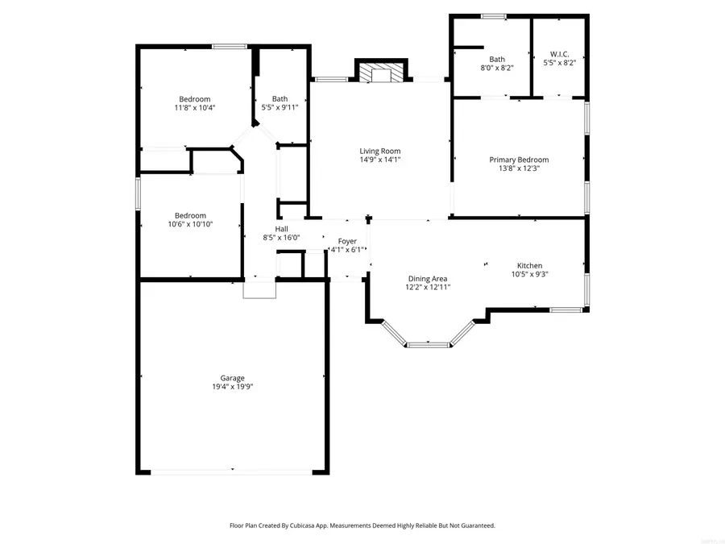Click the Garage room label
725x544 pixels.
click(233, 378)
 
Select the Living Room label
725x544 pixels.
click(379, 151)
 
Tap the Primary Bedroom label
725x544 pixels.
click(519, 160)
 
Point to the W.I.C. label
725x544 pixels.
click(560, 54)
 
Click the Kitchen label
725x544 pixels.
click(529, 265)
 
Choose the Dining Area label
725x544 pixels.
click(427, 278)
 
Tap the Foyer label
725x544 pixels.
click(347, 241)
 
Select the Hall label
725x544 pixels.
click(281, 229)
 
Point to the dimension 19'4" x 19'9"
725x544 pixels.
click(233, 387)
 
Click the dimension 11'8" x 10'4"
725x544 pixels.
click(195, 107)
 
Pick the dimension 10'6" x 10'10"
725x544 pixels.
click(191, 224)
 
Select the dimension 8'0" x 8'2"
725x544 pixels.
click(497, 68)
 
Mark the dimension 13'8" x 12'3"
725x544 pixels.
click(519, 168)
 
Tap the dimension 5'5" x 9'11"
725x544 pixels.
click(280, 107)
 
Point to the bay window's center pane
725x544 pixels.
click(428, 345)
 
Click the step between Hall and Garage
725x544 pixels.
click(259, 289)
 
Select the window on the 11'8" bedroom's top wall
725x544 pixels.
click(230, 47)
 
